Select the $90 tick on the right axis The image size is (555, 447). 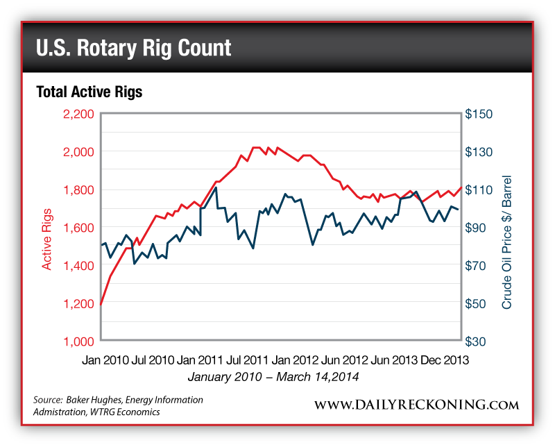tap(479, 228)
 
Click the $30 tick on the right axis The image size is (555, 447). tap(479, 341)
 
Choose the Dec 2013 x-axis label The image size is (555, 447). tap(443, 360)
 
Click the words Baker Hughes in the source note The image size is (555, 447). tap(94, 400)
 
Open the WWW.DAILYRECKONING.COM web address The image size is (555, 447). tap(417, 404)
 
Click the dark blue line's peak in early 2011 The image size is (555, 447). tap(216, 187)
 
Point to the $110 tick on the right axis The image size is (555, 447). tap(479, 189)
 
